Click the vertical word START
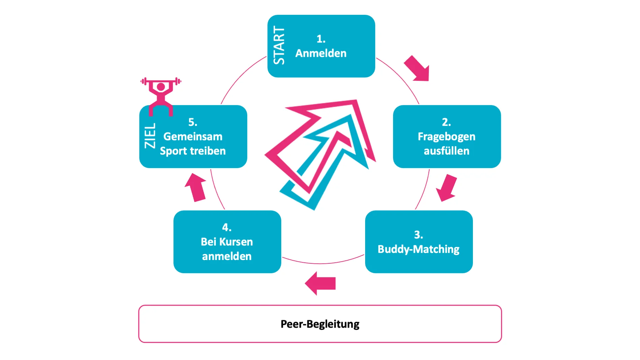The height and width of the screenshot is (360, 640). click(279, 45)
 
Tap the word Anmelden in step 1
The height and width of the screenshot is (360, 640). click(321, 53)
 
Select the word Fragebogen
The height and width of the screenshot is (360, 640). click(446, 136)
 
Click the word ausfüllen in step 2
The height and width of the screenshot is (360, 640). click(446, 151)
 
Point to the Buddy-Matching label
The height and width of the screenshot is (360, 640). click(418, 249)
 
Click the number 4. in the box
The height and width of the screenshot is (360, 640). click(227, 227)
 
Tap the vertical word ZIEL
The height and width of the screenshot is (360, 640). click(150, 135)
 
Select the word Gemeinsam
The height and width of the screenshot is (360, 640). click(193, 136)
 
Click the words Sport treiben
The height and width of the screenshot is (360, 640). click(193, 151)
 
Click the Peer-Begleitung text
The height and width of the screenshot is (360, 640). click(320, 324)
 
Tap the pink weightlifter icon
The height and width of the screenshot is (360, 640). click(161, 96)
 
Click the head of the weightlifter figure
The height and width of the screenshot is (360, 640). click(161, 87)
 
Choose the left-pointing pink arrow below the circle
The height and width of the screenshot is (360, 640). click(320, 283)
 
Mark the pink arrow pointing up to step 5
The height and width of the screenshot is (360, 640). click(196, 188)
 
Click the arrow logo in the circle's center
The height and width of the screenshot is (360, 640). click(320, 153)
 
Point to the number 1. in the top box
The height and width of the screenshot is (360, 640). click(321, 39)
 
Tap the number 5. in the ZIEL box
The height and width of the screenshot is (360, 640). click(193, 122)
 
